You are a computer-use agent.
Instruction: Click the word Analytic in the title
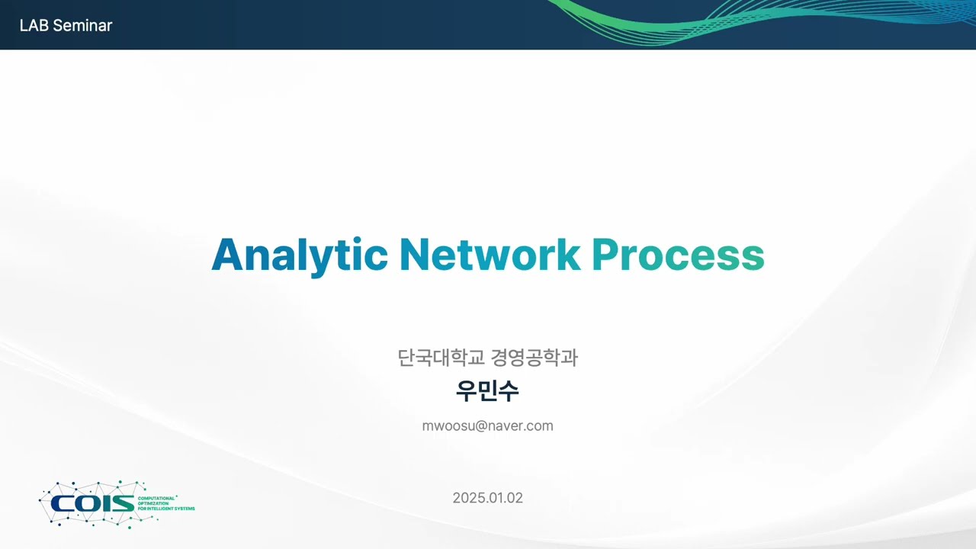pos(299,255)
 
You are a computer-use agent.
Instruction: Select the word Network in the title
pos(490,255)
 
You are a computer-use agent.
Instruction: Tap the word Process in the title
pos(678,255)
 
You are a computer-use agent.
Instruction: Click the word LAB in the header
pos(34,25)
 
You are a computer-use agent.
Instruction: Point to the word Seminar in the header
pos(82,25)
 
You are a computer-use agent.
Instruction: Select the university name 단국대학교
pos(441,357)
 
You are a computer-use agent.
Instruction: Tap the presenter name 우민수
pos(487,390)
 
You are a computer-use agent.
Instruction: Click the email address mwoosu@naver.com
pos(487,425)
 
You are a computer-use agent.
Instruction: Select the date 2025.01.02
pos(487,498)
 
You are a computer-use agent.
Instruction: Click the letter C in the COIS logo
pos(61,503)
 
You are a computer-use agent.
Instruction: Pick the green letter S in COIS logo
pos(124,503)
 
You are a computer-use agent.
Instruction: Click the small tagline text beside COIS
pos(165,503)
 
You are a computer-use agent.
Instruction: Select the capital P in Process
pos(606,255)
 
